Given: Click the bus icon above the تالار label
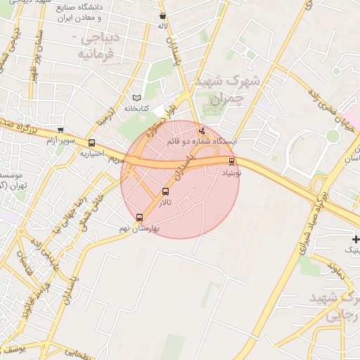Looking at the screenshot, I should point(166,191).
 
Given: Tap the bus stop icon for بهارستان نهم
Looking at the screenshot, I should point(139,217).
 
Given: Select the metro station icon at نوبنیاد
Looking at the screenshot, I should point(232,161).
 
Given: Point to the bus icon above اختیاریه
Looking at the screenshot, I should point(91,143).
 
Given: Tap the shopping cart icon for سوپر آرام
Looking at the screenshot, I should point(60,130).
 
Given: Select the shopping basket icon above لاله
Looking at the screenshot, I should point(163,15).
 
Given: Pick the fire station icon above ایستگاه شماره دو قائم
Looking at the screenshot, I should point(202,130).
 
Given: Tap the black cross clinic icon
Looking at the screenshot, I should point(356,240).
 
